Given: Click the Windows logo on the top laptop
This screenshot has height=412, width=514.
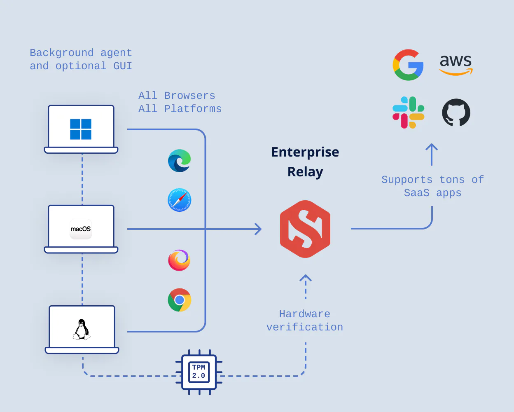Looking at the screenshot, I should tap(81, 129).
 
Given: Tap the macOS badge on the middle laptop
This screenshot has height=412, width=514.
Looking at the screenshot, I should tap(81, 229).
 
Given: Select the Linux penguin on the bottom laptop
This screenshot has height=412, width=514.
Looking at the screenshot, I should tap(82, 330).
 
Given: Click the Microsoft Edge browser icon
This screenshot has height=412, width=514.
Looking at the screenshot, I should tap(180, 161).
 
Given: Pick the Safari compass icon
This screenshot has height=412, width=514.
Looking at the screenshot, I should tap(180, 200).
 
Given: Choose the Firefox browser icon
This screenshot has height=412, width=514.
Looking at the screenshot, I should tap(179, 260).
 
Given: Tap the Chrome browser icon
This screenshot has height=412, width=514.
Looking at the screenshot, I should tap(180, 300).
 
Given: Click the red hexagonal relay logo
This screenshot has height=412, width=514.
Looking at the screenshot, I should tap(305, 229).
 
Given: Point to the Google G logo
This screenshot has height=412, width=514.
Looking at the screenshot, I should tap(408, 65).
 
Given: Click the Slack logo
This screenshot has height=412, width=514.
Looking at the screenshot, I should tap(408, 112).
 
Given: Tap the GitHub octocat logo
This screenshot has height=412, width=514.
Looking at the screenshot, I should tap(456, 112).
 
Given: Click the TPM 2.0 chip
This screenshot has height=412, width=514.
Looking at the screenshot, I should tap(199, 372).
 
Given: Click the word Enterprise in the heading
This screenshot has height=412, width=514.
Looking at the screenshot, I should tap(305, 152).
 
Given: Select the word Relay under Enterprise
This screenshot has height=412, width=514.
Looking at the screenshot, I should tap(305, 172).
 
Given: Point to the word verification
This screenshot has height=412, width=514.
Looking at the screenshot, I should tap(304, 327).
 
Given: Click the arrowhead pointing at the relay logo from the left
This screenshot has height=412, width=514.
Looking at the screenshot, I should tap(258, 229).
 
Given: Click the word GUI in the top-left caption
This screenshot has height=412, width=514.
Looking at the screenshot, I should tap(122, 66).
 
